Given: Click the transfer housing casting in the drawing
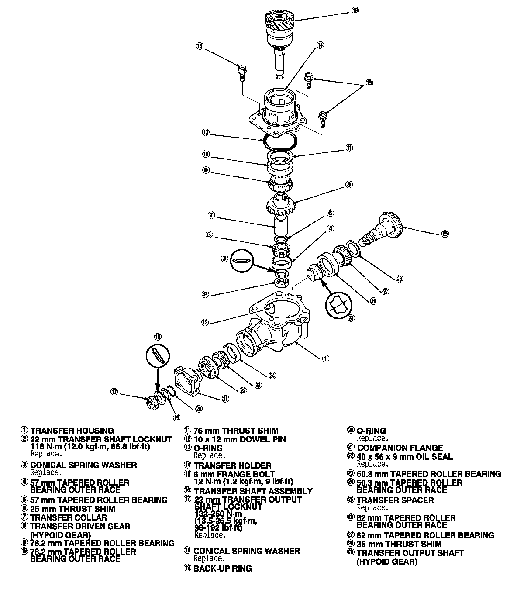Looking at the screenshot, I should pyautogui.click(x=279, y=332).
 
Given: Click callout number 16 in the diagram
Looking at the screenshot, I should pyautogui.click(x=355, y=10).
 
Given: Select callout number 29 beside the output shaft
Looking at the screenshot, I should pyautogui.click(x=445, y=234).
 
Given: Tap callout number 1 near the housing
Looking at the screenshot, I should pyautogui.click(x=325, y=359).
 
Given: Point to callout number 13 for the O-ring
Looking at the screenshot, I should pyautogui.click(x=206, y=132).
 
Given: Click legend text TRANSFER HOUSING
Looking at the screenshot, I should pyautogui.click(x=72, y=431).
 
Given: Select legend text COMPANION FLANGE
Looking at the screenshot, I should pyautogui.click(x=400, y=448).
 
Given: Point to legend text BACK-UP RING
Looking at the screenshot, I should pyautogui.click(x=223, y=569).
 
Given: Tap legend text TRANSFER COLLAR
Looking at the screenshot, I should pyautogui.click(x=69, y=518).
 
